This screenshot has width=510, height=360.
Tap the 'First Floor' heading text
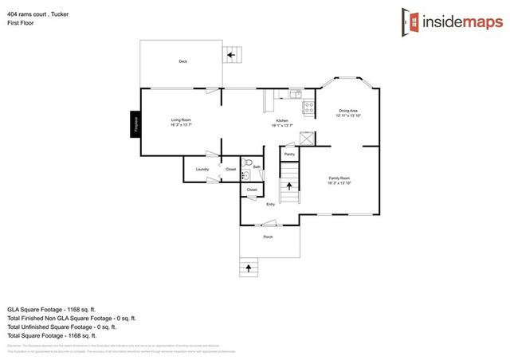pos(22,23)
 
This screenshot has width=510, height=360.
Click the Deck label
pos(182,61)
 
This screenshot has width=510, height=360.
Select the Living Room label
pos(180,122)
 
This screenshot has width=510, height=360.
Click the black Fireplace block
pos(135,123)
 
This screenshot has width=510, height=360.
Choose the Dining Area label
pos(348,112)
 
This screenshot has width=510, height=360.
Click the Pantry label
pos(289,154)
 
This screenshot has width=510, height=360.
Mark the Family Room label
pos(339,180)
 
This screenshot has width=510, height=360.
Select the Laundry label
pos(202,169)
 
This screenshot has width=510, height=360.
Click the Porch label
pos(268,237)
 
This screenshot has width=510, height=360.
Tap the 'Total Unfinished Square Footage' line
pos(62,327)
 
